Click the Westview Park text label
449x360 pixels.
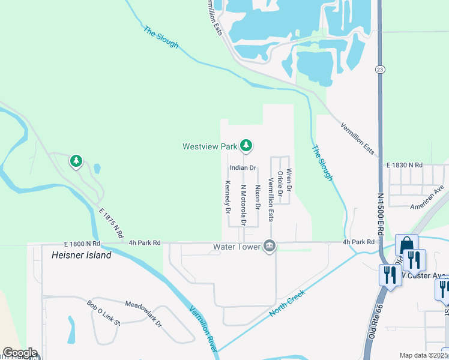pos(210,146)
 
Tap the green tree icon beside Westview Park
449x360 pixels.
pos(246,145)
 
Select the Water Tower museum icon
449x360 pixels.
pos(270,246)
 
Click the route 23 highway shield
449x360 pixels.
pos(381,70)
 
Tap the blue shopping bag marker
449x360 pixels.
pos(406,245)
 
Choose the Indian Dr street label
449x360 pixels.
pos(243,167)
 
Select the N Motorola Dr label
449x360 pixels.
pos(243,205)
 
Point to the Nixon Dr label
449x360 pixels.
pos(258,197)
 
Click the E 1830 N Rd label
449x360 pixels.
pos(405,164)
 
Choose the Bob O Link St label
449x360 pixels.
pos(103,314)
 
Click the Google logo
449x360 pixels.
pos(19,353)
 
